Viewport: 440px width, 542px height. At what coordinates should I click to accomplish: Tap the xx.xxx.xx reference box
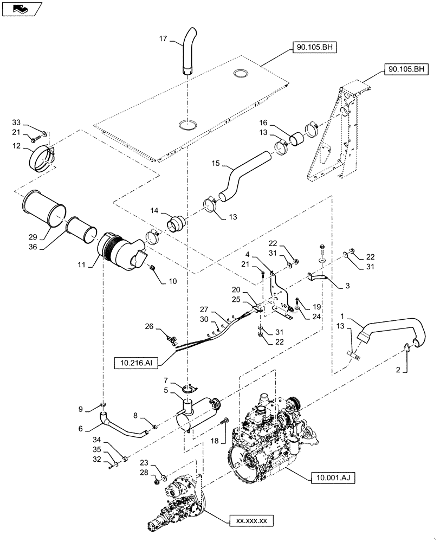[251, 521]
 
